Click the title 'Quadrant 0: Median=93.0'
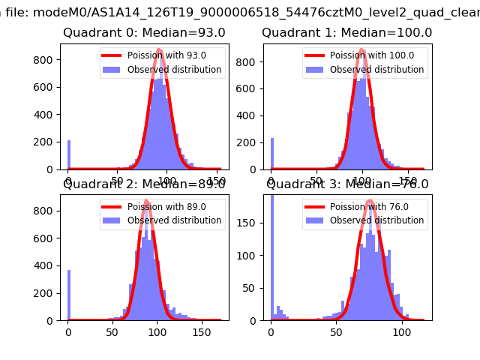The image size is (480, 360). [143, 33]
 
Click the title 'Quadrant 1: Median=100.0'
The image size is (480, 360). [346, 33]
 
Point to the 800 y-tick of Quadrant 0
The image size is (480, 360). [45, 60]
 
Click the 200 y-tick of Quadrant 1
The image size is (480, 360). [248, 142]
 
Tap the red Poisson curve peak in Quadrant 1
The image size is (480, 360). [362, 50]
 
